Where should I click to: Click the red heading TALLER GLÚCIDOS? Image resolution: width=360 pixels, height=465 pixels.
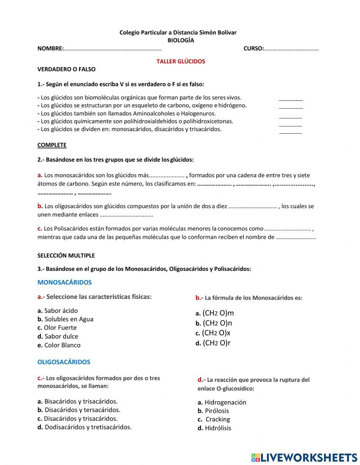click(x=180, y=61)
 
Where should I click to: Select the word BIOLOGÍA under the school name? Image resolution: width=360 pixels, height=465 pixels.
click(x=180, y=40)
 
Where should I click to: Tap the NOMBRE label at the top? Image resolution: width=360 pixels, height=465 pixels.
click(x=50, y=49)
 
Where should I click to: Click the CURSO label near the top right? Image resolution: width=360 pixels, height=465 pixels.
click(x=253, y=49)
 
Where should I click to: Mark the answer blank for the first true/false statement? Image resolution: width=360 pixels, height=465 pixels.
click(x=291, y=98)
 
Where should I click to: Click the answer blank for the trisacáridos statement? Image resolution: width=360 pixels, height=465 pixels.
click(x=291, y=131)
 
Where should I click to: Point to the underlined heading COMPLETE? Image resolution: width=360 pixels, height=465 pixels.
click(x=52, y=145)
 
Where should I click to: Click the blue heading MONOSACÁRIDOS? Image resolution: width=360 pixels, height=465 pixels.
click(x=64, y=282)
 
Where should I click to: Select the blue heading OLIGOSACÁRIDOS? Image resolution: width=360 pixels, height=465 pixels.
click(x=64, y=362)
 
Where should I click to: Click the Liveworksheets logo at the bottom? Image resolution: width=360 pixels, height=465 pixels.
click(x=304, y=457)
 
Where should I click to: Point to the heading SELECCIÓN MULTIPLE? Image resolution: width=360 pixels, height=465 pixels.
click(x=66, y=256)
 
